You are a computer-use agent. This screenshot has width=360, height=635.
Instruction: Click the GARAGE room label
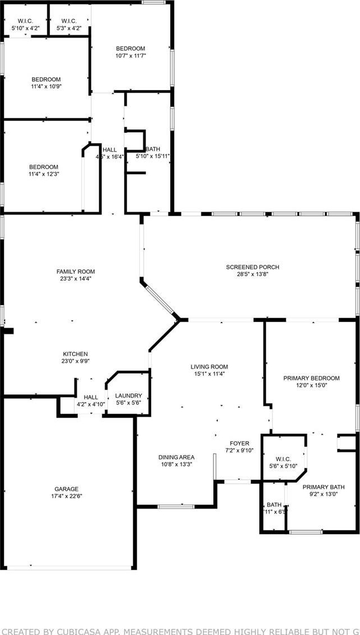click(67, 489)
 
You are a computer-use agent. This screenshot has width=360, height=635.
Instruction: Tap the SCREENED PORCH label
click(253, 267)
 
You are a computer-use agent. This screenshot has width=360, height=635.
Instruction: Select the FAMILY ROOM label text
click(72, 271)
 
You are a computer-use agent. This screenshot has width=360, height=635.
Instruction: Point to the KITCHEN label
click(75, 354)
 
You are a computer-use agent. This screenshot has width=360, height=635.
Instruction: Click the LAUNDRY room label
click(128, 396)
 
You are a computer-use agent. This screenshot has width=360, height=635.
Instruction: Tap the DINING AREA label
click(176, 457)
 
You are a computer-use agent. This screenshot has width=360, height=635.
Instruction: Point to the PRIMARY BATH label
click(324, 487)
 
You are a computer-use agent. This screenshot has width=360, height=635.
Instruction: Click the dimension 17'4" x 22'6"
click(67, 496)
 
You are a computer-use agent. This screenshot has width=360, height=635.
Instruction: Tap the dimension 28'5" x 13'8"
click(253, 274)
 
